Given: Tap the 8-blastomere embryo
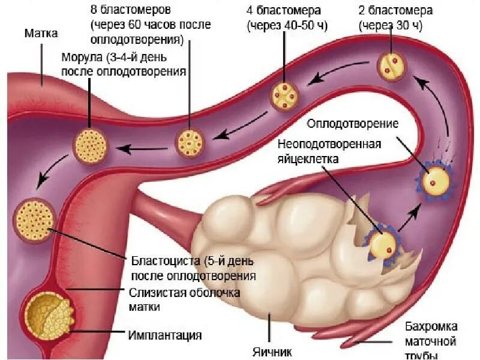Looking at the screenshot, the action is [191, 142].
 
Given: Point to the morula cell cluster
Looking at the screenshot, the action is [91, 145].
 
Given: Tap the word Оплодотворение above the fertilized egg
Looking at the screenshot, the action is [353, 124].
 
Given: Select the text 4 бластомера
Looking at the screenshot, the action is [283, 11].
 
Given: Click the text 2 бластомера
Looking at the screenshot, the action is [395, 11].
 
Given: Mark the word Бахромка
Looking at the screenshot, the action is [431, 327].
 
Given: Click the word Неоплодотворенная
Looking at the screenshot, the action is [330, 145].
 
